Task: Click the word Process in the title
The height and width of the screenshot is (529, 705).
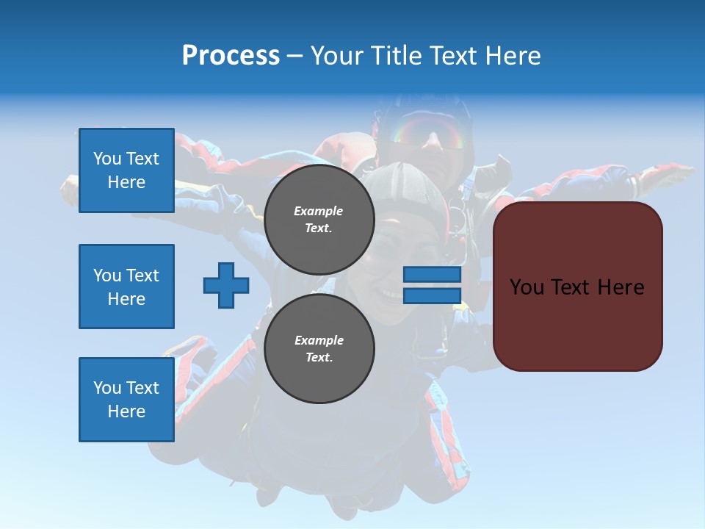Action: click(x=231, y=55)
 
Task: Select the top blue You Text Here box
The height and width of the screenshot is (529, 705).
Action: click(x=126, y=170)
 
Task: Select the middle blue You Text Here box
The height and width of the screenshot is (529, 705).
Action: click(x=126, y=287)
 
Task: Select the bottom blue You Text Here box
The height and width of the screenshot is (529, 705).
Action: click(x=126, y=399)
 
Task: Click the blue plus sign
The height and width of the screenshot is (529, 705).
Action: click(x=226, y=285)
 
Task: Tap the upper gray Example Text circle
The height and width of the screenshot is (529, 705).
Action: click(x=319, y=220)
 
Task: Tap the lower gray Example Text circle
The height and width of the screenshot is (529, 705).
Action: click(x=319, y=349)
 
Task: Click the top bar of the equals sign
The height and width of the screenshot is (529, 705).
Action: click(x=432, y=275)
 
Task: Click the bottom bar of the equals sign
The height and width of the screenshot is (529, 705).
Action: click(x=432, y=295)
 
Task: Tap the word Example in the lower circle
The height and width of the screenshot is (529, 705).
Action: click(x=319, y=340)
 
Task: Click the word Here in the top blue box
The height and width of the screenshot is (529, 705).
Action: click(x=126, y=182)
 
